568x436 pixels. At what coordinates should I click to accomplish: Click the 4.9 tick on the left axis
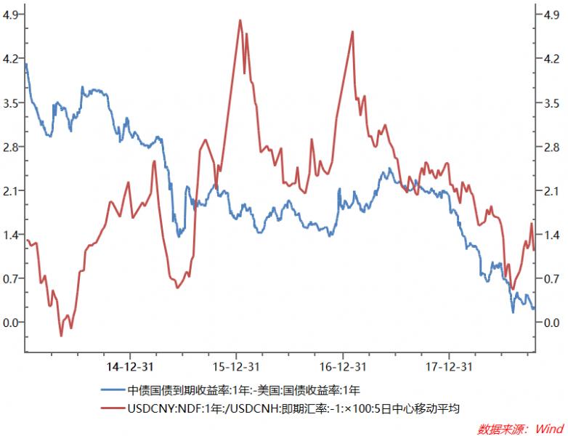click(x=12, y=14)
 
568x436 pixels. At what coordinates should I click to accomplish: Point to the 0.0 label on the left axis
click(x=12, y=323)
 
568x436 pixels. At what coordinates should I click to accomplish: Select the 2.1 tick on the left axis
click(x=12, y=190)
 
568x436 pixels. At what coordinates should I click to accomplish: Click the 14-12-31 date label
click(x=130, y=366)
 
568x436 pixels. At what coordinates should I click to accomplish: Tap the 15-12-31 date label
click(x=237, y=366)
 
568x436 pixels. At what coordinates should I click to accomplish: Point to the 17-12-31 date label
click(x=450, y=366)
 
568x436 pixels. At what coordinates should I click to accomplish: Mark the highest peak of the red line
click(x=240, y=20)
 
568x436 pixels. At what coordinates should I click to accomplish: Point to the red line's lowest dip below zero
click(x=61, y=335)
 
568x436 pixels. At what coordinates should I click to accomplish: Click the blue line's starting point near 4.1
click(x=26, y=65)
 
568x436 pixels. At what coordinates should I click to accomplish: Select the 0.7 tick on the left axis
click(x=12, y=278)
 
